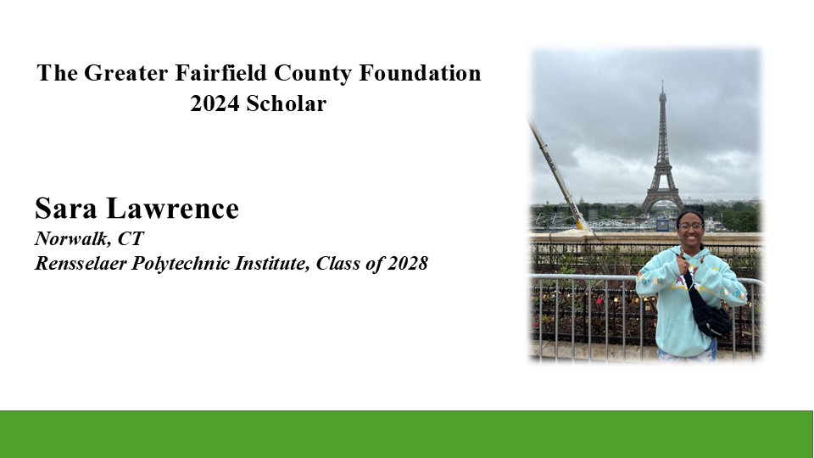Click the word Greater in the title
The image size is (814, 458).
coord(126,73)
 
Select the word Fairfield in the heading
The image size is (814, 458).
coord(221,73)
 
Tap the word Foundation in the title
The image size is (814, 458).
coord(420,73)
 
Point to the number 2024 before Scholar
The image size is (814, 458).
coord(215,103)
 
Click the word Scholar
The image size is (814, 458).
coord(286,103)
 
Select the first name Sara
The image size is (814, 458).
coord(66,209)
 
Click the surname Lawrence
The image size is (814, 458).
coord(172,209)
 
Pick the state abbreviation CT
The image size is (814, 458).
coord(131,238)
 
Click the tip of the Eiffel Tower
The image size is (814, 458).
coord(662,81)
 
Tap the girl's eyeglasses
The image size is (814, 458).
coord(691,226)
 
